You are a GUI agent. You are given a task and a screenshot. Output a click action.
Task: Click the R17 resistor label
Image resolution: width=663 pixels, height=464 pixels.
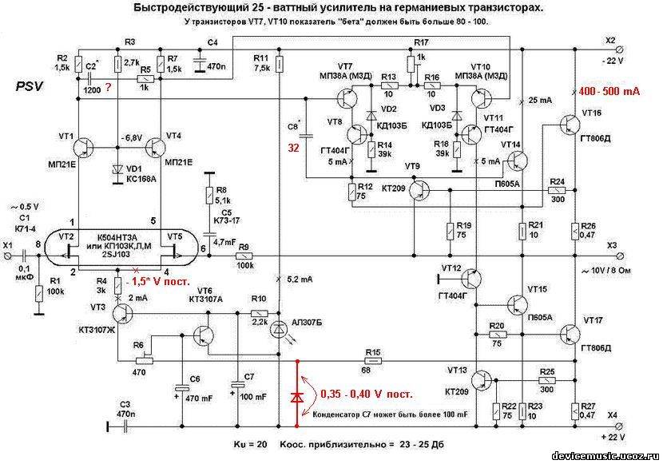click(x=421, y=42)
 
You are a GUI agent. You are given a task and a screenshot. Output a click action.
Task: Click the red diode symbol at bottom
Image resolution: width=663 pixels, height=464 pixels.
click(x=299, y=397)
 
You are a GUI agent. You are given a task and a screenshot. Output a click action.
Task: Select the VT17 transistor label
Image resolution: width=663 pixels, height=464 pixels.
click(x=593, y=320)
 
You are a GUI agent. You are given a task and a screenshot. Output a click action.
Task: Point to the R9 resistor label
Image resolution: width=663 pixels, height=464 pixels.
click(x=244, y=247)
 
